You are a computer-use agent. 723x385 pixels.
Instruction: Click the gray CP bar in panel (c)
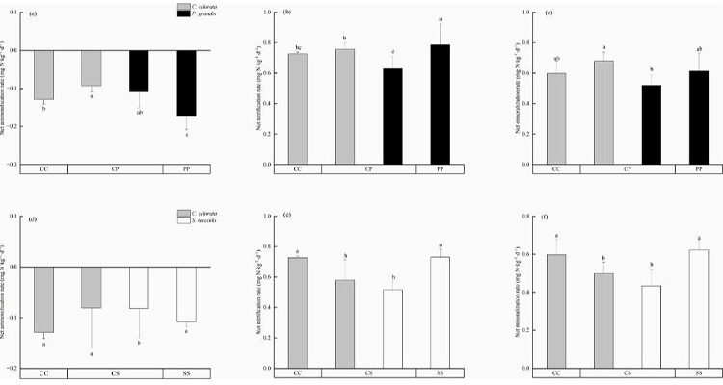[601, 113]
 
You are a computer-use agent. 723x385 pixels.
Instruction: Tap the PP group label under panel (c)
[689, 170]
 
